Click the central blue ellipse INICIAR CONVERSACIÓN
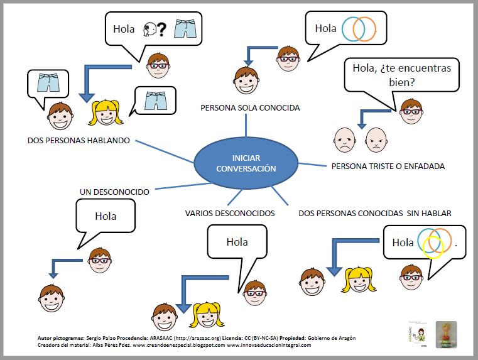246,163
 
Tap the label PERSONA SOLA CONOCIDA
250,107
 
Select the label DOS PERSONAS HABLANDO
79,141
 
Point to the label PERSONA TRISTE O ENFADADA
388,166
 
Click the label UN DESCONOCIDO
114,191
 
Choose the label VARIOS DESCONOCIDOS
230,213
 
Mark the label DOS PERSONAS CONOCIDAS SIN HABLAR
374,213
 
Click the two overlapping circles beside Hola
359,28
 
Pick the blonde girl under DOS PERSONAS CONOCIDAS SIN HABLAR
356,280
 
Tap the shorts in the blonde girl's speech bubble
156,100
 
